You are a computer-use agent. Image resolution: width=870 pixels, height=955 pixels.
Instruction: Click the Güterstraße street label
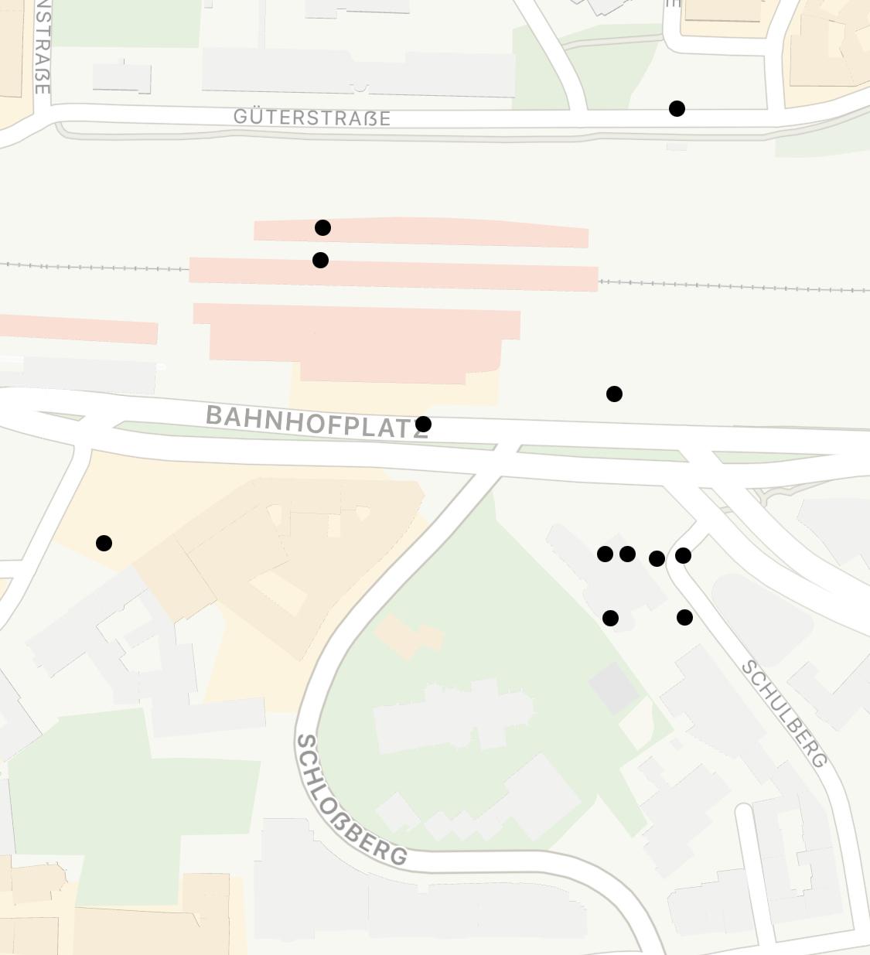tap(312, 118)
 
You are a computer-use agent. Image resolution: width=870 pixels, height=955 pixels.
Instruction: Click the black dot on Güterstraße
tap(677, 109)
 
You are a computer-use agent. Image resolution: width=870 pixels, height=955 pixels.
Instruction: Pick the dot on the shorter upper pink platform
tap(322, 227)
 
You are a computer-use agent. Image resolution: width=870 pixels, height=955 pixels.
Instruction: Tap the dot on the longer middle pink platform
tap(320, 260)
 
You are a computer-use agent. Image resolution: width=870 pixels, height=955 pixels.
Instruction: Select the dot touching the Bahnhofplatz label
tap(423, 424)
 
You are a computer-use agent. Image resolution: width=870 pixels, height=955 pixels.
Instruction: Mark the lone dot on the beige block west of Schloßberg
tap(104, 543)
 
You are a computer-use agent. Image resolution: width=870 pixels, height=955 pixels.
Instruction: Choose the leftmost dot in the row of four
tap(605, 554)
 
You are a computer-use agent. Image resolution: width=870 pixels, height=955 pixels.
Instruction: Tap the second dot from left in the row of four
tap(627, 554)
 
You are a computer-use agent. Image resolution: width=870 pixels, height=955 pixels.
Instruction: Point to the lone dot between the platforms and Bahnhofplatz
tap(614, 394)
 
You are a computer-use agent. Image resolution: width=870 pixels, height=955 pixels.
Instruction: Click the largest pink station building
tap(356, 340)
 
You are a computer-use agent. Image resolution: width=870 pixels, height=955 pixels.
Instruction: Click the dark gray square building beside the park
tap(613, 687)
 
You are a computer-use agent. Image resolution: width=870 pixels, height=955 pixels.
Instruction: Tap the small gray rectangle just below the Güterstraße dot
tap(677, 145)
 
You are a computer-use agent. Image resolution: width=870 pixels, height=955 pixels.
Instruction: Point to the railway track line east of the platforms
tap(735, 286)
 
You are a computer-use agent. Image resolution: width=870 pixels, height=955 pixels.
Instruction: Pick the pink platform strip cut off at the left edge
tap(77, 329)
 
